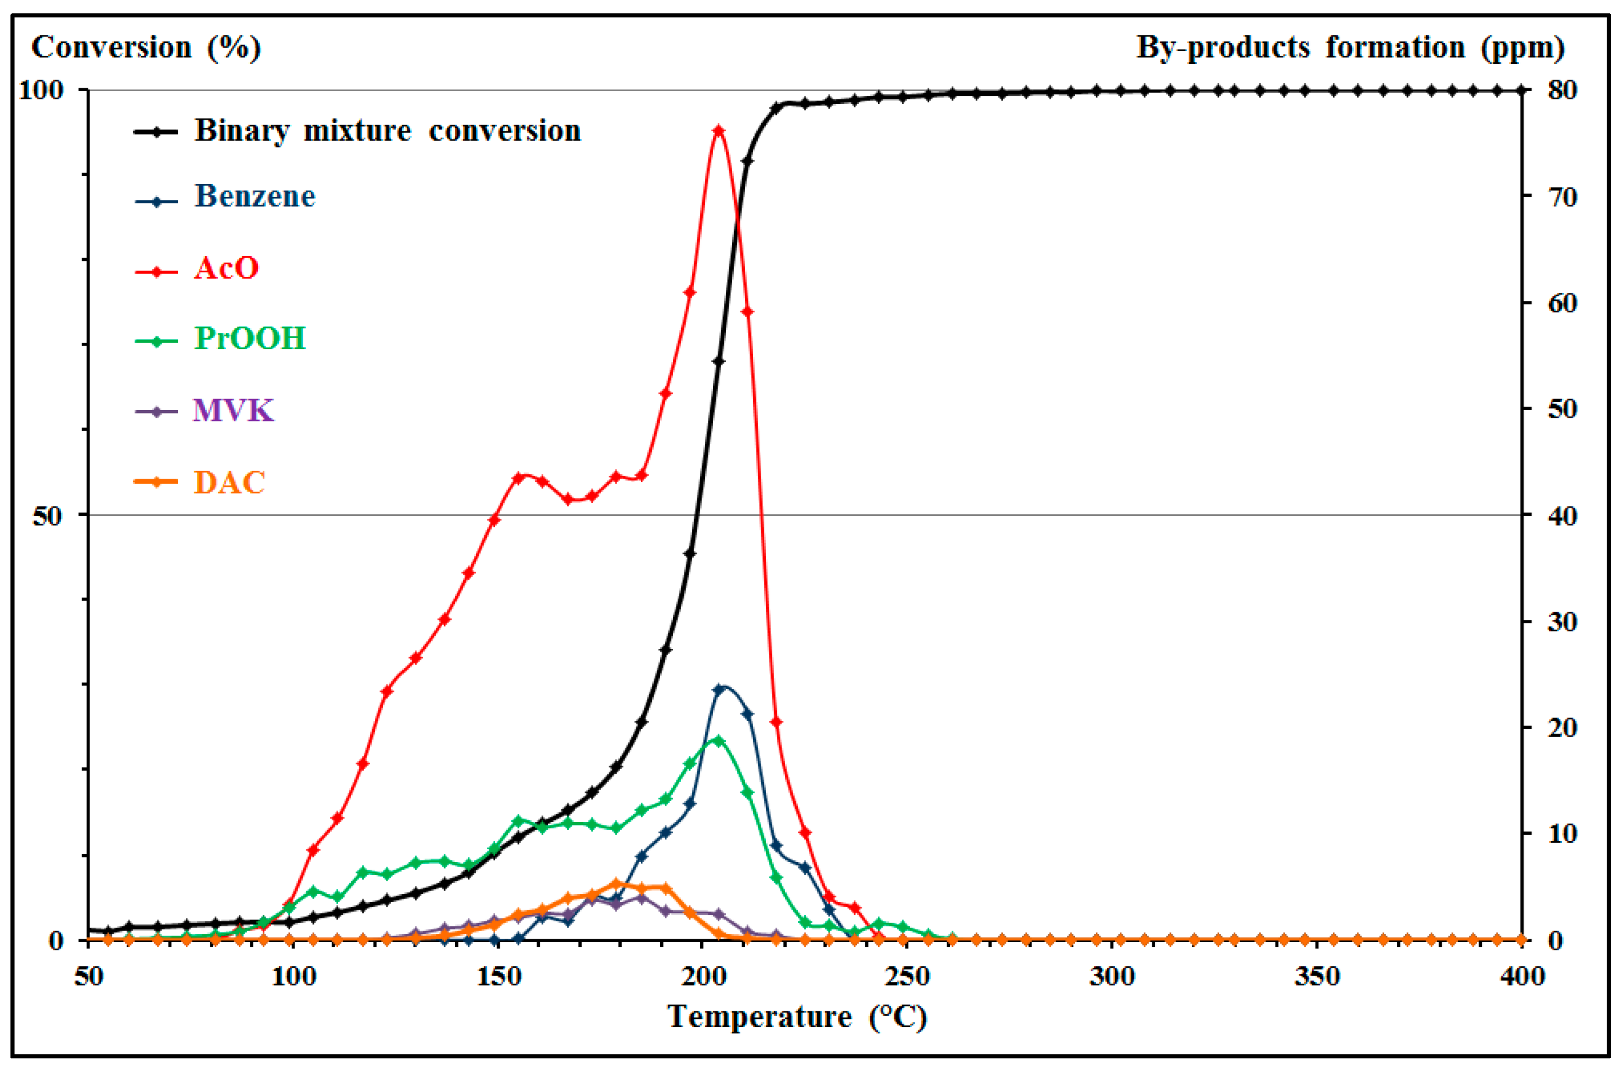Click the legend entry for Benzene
(255, 196)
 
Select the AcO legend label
(226, 268)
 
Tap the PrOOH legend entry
(250, 339)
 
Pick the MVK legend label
(233, 411)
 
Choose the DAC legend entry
(230, 483)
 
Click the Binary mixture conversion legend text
(387, 130)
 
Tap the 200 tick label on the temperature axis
(703, 976)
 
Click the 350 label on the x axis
(1317, 976)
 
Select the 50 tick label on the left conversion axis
(47, 516)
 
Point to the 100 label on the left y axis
(41, 90)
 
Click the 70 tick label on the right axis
(1562, 198)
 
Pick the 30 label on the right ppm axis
(1562, 622)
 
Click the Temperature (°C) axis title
(797, 1017)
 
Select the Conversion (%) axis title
(146, 48)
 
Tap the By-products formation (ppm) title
(1350, 48)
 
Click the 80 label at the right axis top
(1562, 90)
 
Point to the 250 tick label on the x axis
(908, 976)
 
